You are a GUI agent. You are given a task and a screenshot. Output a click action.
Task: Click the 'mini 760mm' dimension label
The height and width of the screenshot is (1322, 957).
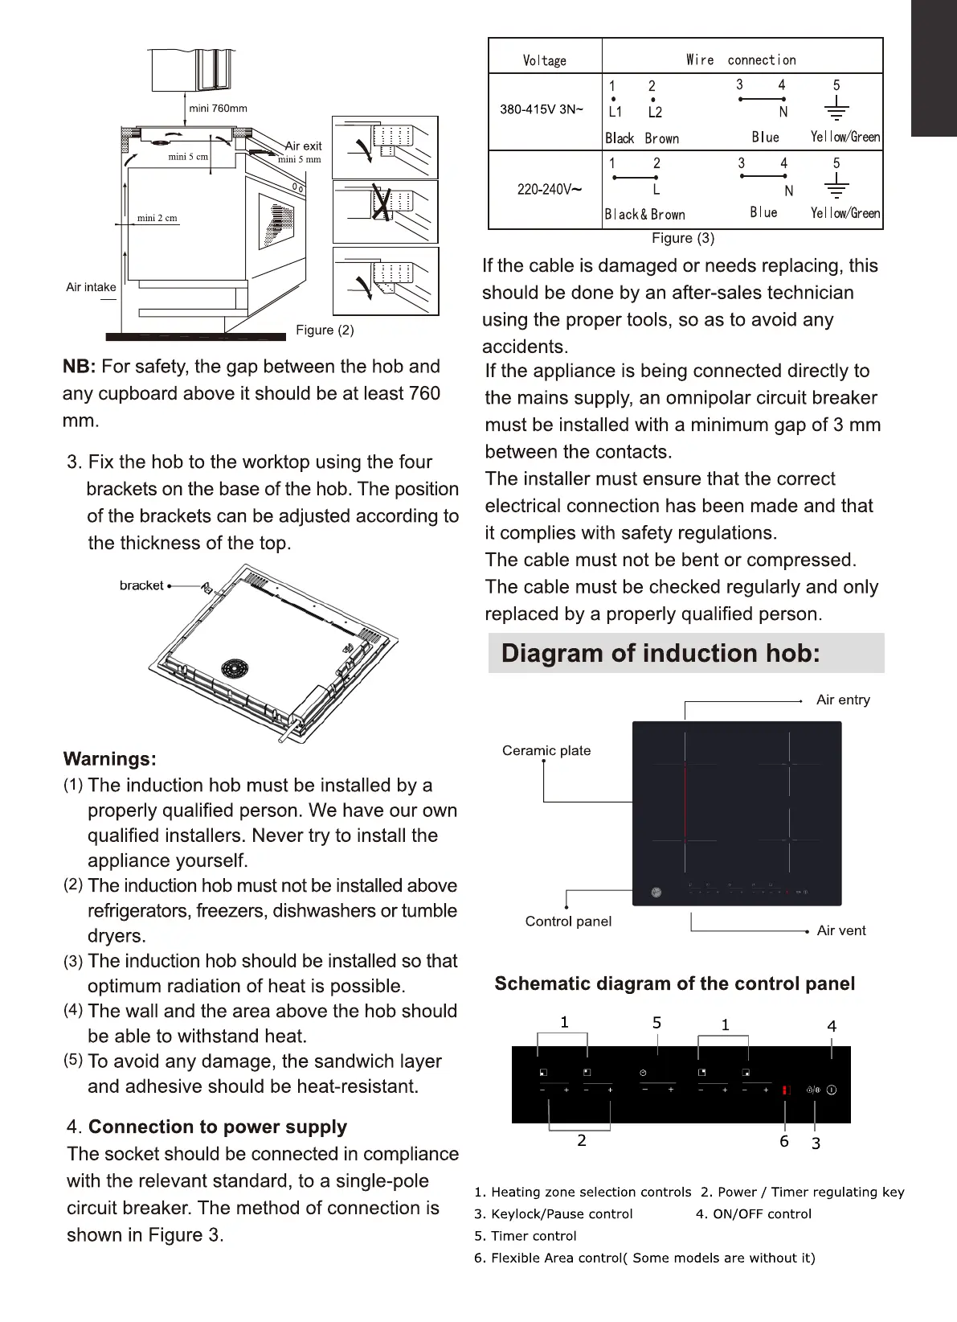[x=218, y=109]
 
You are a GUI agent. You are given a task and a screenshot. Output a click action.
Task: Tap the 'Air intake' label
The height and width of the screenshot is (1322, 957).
[x=91, y=287]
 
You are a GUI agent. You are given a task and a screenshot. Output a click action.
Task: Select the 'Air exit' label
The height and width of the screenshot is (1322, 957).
[x=303, y=146]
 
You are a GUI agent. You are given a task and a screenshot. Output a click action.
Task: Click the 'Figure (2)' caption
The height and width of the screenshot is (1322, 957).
[x=325, y=330]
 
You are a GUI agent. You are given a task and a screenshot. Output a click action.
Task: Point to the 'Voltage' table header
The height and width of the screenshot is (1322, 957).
[x=545, y=60]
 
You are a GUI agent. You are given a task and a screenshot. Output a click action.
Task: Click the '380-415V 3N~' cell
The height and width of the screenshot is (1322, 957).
[x=542, y=109]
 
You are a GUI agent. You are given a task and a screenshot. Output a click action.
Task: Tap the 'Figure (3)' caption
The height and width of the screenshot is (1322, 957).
[x=683, y=238]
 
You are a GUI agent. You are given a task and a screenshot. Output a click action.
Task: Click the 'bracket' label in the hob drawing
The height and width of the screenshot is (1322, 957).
[x=141, y=585]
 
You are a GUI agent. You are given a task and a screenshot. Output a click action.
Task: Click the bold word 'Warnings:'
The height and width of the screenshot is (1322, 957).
[x=109, y=759]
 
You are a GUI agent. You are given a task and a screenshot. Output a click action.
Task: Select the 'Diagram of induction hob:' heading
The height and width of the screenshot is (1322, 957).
[x=660, y=653]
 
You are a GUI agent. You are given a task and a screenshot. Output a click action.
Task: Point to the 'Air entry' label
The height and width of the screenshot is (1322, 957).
[x=843, y=700]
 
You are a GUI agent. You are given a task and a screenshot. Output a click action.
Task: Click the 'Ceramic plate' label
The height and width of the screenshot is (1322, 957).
[x=546, y=750]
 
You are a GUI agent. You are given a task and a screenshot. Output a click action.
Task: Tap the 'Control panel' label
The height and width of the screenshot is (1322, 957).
[x=568, y=921]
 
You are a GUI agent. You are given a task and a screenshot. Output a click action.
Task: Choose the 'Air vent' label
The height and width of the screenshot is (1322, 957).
[x=841, y=930]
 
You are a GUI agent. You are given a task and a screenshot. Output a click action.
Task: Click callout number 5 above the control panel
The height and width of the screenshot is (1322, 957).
[x=656, y=1023]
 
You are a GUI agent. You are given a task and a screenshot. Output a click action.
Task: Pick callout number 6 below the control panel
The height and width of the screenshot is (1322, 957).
[x=784, y=1141]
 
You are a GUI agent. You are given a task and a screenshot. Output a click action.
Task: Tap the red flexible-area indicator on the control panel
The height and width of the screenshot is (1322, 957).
[x=786, y=1090]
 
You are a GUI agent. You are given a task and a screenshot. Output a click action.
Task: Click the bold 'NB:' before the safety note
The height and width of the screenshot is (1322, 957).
[x=79, y=367]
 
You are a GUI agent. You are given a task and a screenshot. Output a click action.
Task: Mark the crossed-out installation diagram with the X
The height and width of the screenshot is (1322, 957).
[x=385, y=211]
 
